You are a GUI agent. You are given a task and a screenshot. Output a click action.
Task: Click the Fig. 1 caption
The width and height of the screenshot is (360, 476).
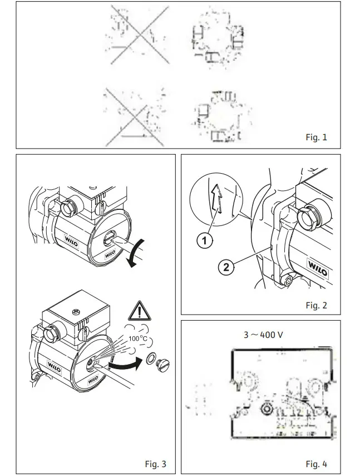pyautogui.click(x=317, y=138)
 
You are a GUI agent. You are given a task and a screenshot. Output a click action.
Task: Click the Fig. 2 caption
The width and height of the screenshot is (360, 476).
pyautogui.click(x=317, y=305)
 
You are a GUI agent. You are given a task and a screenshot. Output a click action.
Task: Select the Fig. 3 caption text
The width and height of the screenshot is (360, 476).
pyautogui.click(x=155, y=464)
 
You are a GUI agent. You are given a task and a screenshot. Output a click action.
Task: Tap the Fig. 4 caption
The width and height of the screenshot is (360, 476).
pyautogui.click(x=317, y=464)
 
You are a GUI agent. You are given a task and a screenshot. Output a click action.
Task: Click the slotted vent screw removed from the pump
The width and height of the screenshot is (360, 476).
pyautogui.click(x=164, y=365)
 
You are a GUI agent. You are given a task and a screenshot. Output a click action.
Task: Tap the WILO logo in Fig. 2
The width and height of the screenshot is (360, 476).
pyautogui.click(x=319, y=270)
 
